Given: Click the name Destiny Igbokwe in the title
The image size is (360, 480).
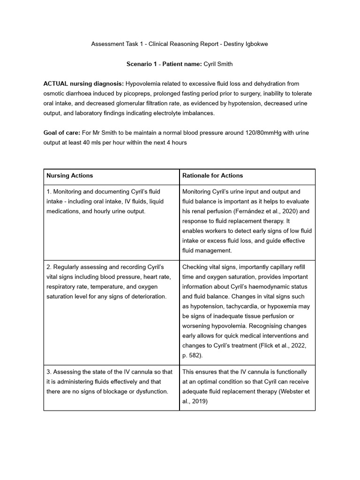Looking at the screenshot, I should (x=246, y=44).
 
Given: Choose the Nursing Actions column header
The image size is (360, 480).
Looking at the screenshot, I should (x=69, y=176).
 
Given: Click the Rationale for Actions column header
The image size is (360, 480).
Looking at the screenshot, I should (x=212, y=176).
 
